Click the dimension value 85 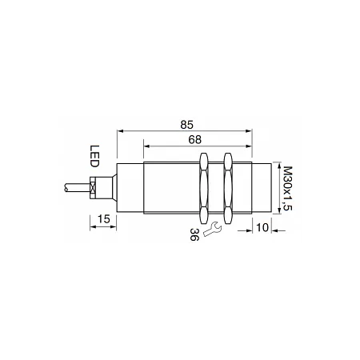point(186,125)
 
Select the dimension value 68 point(195,140)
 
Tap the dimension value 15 point(104,219)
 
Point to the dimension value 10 point(262,227)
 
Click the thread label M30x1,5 point(288,188)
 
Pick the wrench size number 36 point(194,234)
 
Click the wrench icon point(212,229)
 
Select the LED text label point(94,156)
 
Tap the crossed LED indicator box point(93,187)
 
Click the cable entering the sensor point(78,187)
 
